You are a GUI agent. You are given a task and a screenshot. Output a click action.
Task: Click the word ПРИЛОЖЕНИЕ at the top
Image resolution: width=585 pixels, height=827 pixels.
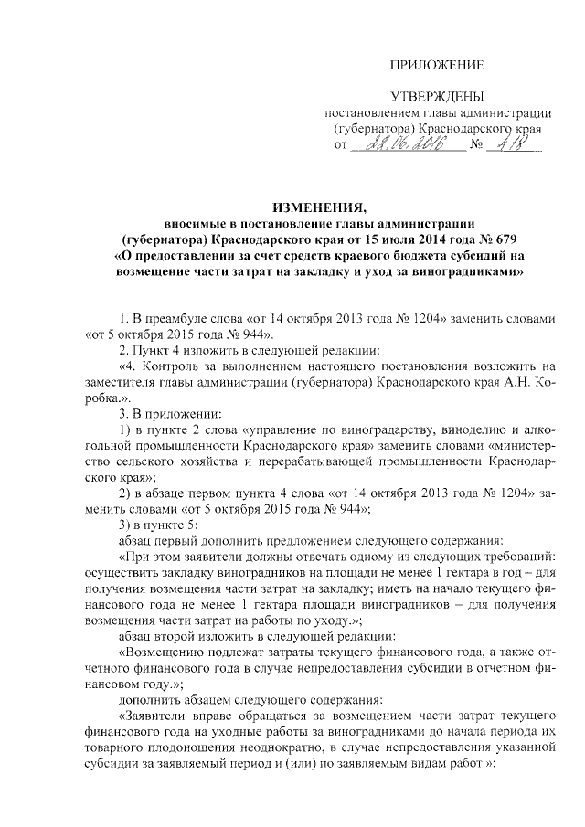[x=436, y=64]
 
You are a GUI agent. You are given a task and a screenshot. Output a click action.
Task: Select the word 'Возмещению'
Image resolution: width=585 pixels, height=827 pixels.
[x=174, y=652]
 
